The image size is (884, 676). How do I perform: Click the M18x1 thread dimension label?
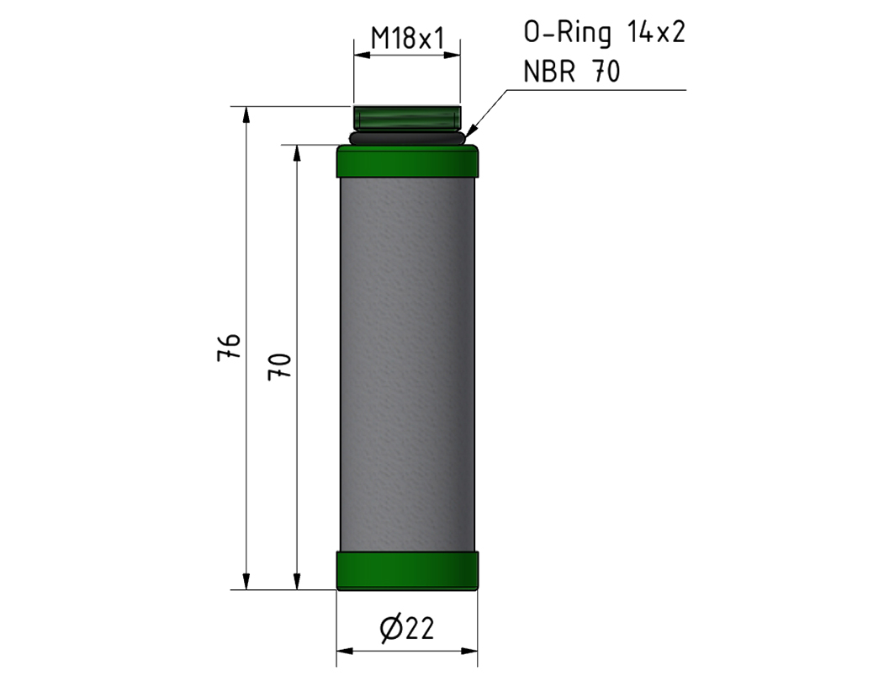(x=407, y=37)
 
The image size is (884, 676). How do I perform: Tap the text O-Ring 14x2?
(x=605, y=34)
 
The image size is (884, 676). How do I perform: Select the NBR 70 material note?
(x=572, y=72)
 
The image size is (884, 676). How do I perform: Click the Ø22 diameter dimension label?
(x=407, y=627)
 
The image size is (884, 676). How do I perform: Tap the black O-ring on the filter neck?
(x=407, y=136)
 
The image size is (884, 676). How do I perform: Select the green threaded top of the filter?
(x=407, y=117)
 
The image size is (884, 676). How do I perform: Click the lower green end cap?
(x=407, y=570)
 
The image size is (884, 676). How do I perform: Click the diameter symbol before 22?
(x=389, y=628)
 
